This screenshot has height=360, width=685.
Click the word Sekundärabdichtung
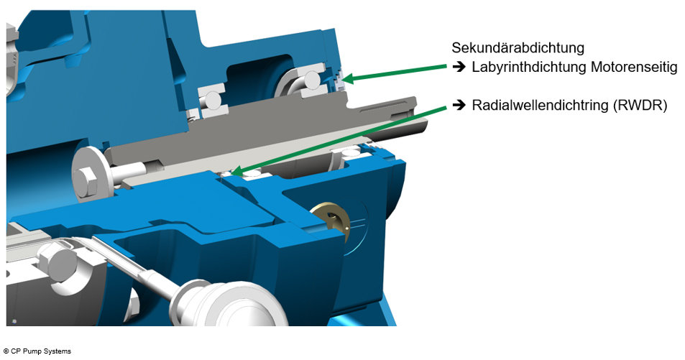518,48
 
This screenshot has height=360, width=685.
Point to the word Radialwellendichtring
538,106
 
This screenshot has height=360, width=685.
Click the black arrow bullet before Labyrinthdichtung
459,68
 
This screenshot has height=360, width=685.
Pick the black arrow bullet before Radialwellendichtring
459,106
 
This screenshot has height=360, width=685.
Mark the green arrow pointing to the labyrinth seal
395,70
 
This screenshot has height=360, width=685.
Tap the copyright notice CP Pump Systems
37,351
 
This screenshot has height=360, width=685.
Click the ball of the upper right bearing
312,84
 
